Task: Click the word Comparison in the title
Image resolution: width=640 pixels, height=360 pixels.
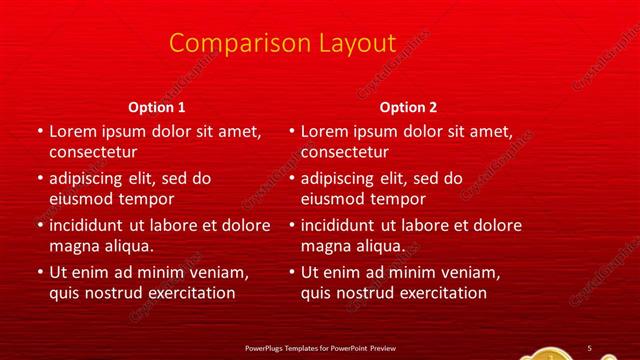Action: [225, 43]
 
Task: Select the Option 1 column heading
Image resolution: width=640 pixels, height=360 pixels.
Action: [158, 107]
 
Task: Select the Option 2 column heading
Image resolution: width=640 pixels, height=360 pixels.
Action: [409, 107]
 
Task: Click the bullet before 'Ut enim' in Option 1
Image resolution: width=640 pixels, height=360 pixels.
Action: [39, 272]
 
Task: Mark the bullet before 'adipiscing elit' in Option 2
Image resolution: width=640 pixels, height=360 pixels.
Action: [291, 179]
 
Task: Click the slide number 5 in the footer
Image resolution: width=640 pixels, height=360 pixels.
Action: [589, 347]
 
